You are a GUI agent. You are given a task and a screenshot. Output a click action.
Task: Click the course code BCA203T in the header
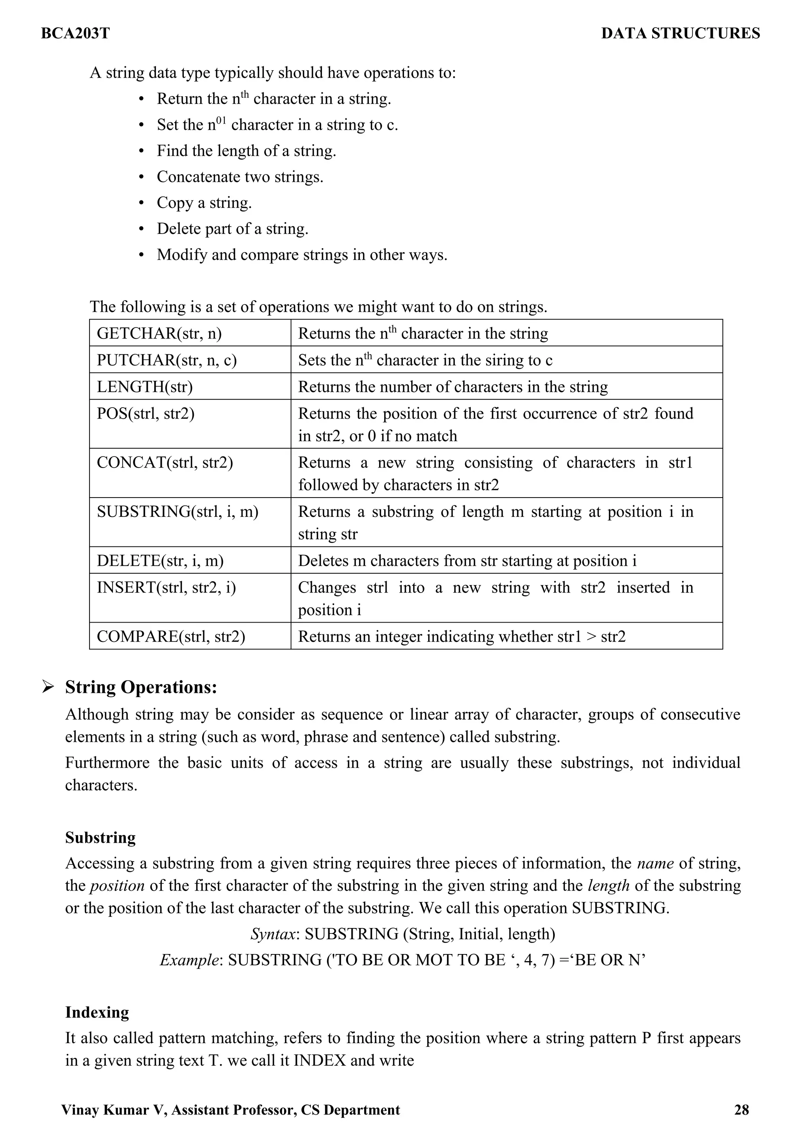pyautogui.click(x=75, y=34)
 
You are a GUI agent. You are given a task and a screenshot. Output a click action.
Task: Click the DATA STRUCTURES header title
pyautogui.click(x=680, y=34)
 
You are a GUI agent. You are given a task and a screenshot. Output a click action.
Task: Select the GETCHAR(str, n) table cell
pyautogui.click(x=159, y=333)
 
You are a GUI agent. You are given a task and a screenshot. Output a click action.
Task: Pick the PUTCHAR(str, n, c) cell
pyautogui.click(x=167, y=360)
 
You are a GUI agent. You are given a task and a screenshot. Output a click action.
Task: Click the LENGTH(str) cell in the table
pyautogui.click(x=145, y=387)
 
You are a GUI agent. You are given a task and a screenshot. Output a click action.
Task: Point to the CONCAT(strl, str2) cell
pyautogui.click(x=165, y=462)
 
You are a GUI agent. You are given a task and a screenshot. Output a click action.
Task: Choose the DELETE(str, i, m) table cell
pyautogui.click(x=160, y=561)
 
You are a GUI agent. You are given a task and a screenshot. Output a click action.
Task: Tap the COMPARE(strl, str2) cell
pyautogui.click(x=171, y=636)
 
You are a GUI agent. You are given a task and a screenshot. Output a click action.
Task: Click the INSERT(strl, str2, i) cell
pyautogui.click(x=166, y=587)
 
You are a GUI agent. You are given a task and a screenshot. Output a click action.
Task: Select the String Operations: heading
pyautogui.click(x=141, y=687)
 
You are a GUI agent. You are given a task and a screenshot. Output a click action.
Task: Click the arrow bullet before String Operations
pyautogui.click(x=48, y=687)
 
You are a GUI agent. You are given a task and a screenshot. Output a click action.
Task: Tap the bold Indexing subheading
pyautogui.click(x=97, y=1012)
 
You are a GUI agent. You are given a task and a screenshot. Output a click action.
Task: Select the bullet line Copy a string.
pyautogui.click(x=204, y=203)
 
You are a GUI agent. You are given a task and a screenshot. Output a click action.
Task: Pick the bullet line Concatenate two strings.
pyautogui.click(x=240, y=177)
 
